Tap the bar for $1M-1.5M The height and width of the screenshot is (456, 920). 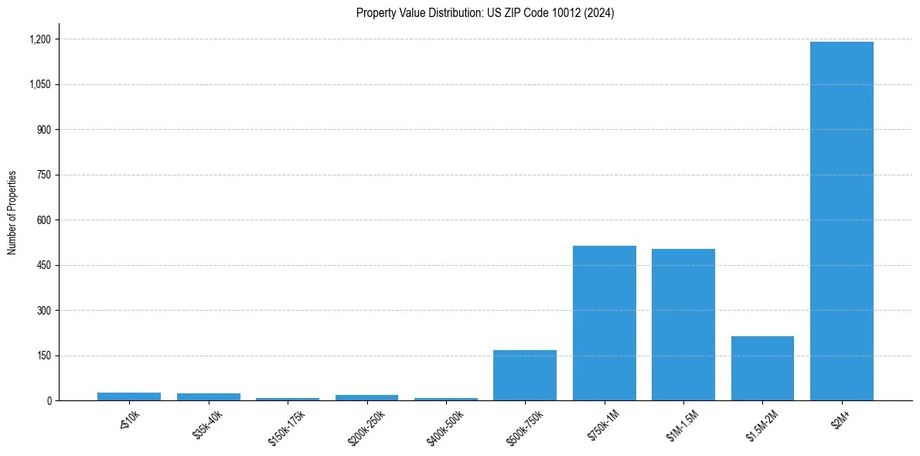coord(683,325)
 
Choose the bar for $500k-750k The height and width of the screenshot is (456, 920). coord(525,376)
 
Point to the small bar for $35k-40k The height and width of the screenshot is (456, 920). coord(209,397)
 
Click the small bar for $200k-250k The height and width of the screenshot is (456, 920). coord(366,398)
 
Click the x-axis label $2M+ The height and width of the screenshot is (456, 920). coord(838,421)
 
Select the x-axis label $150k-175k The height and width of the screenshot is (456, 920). coord(287,427)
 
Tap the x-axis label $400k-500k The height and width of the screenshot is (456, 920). coord(445,427)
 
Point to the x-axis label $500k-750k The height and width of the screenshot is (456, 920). coord(525,427)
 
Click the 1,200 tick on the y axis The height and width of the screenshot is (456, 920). coord(39,39)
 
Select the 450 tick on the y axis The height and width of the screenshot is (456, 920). coord(43,265)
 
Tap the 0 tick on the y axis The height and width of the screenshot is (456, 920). coord(49,401)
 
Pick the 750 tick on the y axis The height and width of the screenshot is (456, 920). coord(43,175)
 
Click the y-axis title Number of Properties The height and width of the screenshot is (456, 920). coord(12,213)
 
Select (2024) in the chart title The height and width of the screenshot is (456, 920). coord(600,13)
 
